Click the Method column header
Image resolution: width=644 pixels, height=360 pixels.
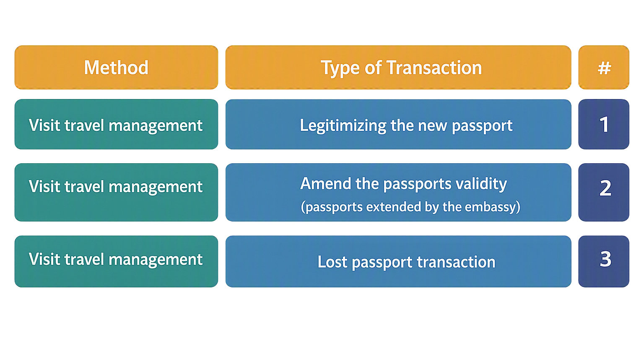point(116,67)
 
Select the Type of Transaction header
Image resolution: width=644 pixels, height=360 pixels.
point(398,67)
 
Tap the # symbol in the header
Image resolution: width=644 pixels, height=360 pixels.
point(604,68)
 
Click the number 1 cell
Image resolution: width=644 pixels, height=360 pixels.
point(604,124)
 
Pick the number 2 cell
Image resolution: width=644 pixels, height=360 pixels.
point(604,192)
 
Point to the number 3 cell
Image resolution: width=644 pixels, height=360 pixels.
point(604,261)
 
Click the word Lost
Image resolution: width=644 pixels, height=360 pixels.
point(332,262)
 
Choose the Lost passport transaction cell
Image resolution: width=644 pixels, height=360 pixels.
point(398,261)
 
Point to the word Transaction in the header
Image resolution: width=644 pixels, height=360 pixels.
point(434,68)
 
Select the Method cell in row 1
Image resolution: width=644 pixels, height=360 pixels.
point(116,124)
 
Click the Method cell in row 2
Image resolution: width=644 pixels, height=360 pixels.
point(116,192)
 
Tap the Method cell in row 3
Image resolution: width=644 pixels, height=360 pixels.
point(116,261)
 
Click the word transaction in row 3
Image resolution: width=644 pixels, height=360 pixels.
point(456,262)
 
